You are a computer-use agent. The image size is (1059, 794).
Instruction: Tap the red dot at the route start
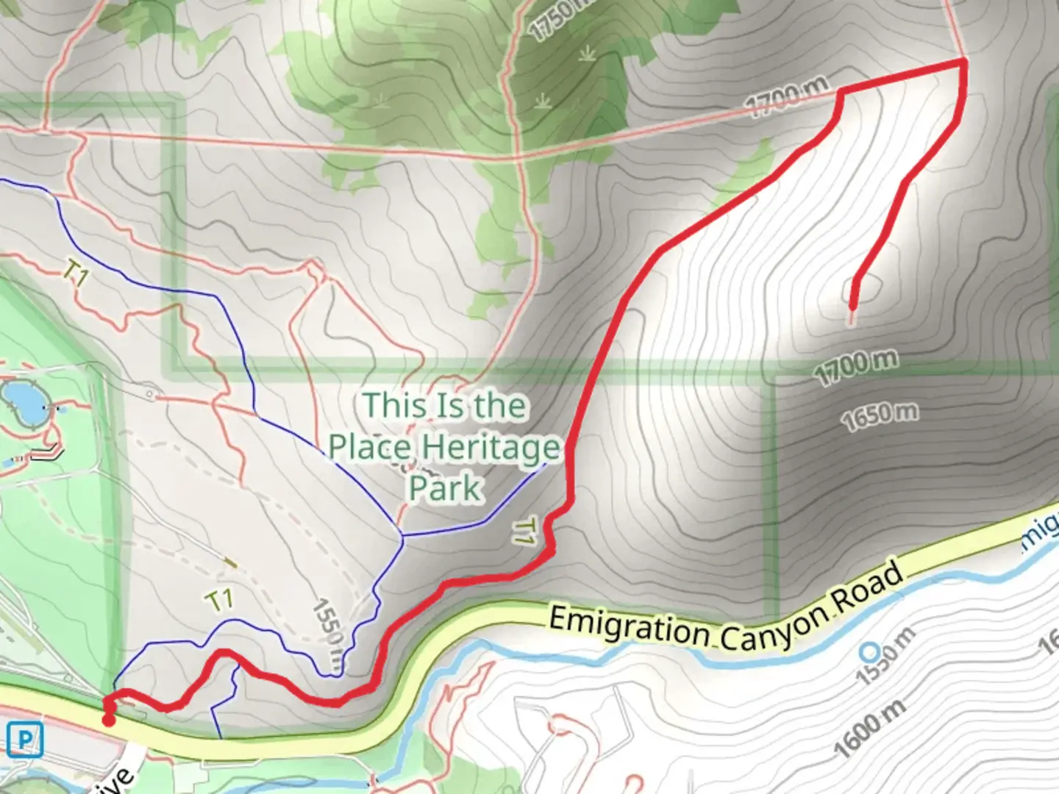click(109, 720)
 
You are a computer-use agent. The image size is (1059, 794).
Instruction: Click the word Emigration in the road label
click(628, 627)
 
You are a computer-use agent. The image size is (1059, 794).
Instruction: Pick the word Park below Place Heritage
click(445, 488)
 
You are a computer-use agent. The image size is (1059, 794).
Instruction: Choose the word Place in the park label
click(370, 447)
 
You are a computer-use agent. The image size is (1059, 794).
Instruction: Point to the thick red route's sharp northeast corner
click(963, 63)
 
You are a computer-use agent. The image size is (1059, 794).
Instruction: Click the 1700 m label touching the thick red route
click(787, 97)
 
